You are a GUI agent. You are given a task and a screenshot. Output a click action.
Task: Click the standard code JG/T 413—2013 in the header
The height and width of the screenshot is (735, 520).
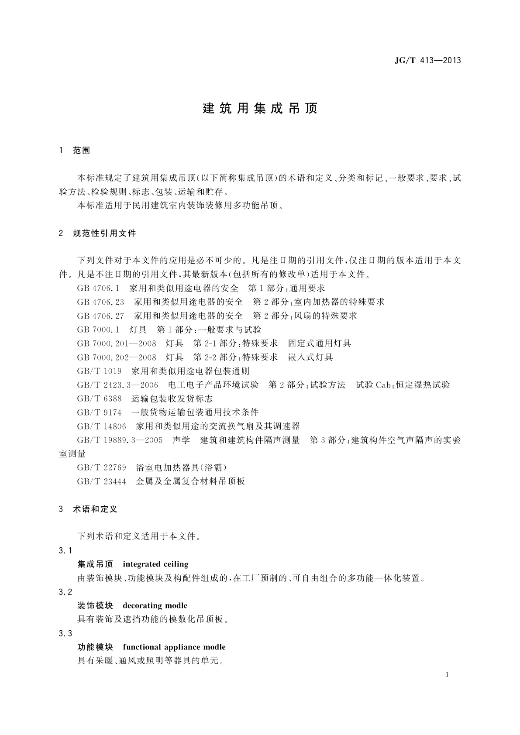427,61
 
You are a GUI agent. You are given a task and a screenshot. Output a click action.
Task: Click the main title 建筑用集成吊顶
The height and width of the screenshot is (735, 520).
260,109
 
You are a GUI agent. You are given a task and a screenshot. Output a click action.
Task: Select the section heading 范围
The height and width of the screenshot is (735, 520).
82,151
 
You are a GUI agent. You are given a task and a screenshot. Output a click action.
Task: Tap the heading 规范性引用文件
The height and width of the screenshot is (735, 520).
105,234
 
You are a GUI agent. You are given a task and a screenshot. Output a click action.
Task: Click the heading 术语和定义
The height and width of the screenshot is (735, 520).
95,509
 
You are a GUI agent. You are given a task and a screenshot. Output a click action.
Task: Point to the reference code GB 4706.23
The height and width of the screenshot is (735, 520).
100,302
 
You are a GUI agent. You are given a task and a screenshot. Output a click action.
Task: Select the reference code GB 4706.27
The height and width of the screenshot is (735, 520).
100,316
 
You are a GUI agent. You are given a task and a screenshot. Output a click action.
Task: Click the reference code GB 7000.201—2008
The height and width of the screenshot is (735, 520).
117,343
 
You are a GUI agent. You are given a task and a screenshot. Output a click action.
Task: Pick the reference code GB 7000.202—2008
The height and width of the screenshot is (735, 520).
117,357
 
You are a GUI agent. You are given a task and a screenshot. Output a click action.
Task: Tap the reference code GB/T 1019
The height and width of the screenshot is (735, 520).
99,371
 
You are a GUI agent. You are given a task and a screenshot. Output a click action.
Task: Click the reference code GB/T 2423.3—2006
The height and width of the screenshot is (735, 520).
117,385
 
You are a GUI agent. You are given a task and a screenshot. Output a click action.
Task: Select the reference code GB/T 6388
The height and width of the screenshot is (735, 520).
99,398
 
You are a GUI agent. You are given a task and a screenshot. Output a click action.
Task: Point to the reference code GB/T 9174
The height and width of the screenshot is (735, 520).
99,412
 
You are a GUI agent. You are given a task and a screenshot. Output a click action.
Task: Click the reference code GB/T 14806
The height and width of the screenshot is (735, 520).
101,426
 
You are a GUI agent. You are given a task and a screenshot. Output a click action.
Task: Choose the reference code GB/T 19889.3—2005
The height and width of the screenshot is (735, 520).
120,440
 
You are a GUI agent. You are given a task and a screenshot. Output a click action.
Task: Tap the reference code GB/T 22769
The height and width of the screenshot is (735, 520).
101,468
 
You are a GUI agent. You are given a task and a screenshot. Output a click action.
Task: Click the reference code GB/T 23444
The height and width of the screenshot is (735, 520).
101,481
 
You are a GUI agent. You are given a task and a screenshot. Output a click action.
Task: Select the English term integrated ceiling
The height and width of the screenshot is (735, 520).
155,564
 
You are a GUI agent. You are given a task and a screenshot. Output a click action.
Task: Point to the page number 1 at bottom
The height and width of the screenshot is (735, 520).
447,675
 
